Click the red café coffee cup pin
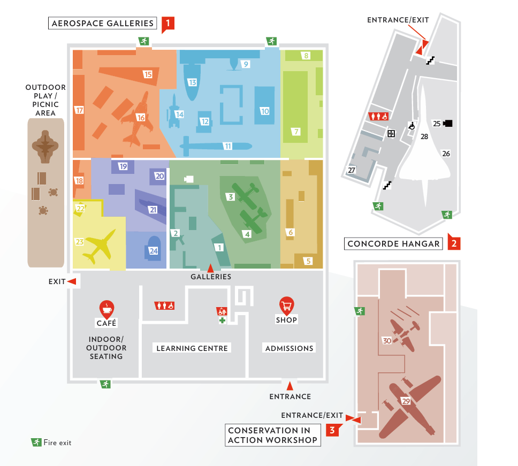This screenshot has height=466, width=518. point(106,309)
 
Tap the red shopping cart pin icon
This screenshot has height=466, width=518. point(286,306)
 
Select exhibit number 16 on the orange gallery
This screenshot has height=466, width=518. point(141,117)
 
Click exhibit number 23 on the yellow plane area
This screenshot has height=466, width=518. point(80,242)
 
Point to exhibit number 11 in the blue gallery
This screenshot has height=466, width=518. point(228,146)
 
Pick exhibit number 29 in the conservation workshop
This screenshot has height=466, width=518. point(406,401)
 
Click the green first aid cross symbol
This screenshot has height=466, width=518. point(223,320)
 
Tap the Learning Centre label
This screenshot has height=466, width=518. point(192,348)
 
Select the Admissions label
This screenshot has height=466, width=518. point(289,348)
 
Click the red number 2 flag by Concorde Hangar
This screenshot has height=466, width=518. point(454,243)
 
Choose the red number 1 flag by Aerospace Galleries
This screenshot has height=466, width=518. point(168,24)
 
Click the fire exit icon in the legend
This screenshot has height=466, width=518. point(36,442)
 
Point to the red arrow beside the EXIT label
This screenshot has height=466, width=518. point(72,281)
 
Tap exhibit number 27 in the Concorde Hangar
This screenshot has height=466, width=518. point(352,170)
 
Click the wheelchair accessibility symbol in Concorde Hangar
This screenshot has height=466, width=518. point(412,126)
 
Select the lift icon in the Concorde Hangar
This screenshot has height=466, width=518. point(391,133)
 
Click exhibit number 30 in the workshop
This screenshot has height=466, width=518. point(387,340)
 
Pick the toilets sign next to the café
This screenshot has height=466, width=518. point(164,306)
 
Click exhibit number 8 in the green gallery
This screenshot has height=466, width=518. point(306,56)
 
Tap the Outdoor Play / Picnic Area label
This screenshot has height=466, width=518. point(45,100)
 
